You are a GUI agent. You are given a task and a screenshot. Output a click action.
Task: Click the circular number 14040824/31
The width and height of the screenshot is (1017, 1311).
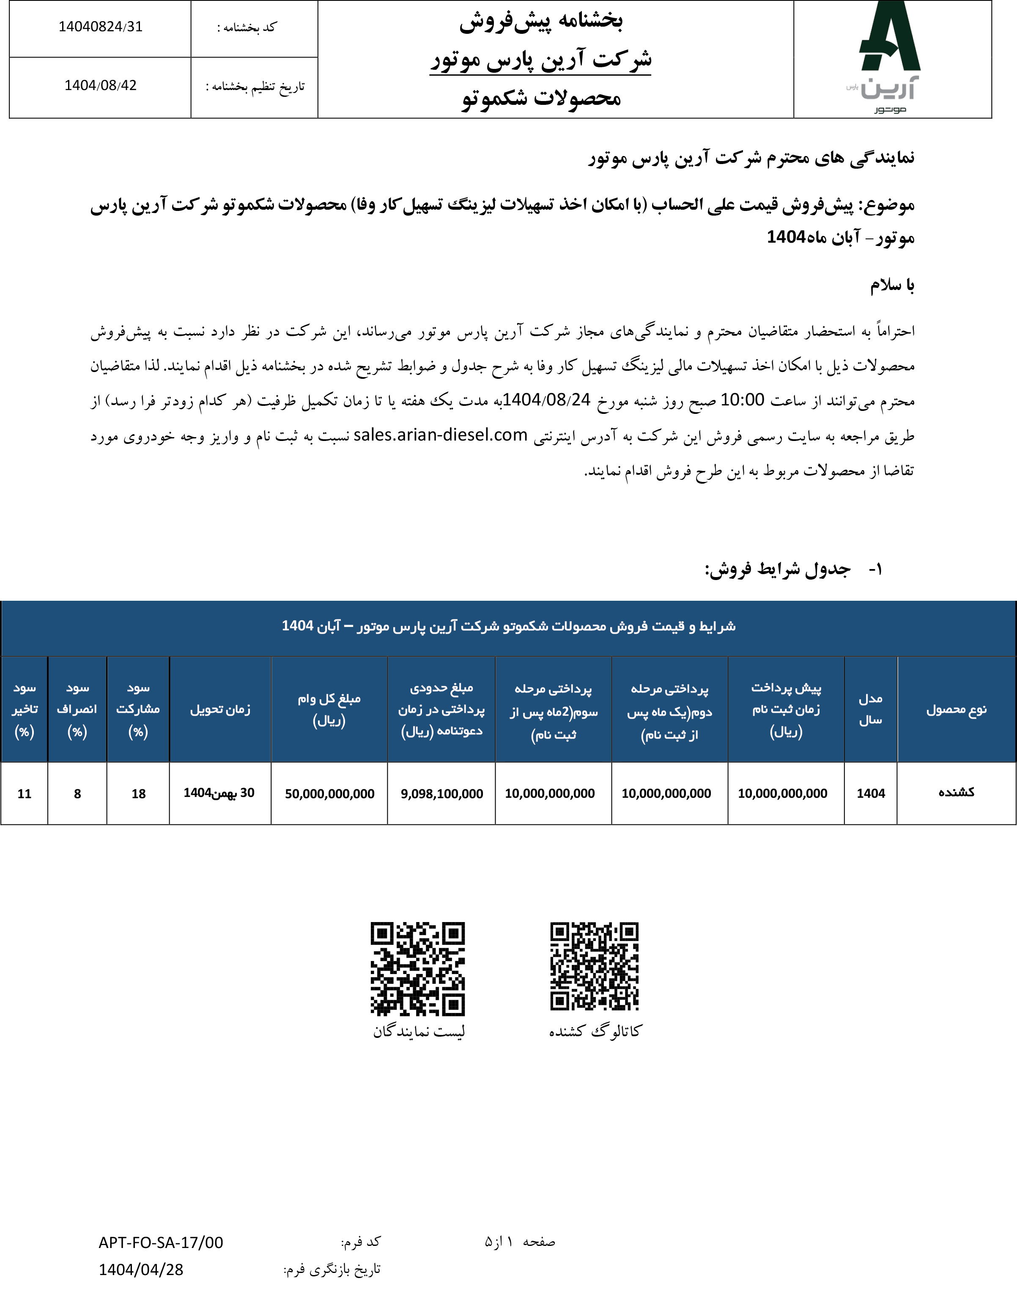pos(100,27)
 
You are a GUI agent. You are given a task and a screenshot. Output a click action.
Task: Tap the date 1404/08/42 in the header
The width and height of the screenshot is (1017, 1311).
pos(100,86)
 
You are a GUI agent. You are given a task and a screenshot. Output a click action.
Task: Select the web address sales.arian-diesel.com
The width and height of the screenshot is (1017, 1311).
pos(440,435)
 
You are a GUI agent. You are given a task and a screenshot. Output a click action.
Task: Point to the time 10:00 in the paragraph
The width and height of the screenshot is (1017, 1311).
pos(742,400)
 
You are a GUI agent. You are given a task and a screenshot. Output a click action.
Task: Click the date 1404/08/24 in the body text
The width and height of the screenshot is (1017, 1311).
pos(546,400)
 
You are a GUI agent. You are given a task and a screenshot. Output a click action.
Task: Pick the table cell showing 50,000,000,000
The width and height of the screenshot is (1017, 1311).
pos(329,794)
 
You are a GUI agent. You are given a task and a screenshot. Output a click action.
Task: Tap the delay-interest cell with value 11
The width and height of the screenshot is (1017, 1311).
pos(25,794)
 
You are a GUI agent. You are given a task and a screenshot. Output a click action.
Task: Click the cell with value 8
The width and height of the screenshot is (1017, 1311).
pos(77,794)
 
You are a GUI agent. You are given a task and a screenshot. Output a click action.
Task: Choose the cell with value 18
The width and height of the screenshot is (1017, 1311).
pos(139,794)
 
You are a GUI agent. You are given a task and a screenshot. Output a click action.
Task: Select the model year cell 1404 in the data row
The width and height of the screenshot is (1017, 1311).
pos(871,794)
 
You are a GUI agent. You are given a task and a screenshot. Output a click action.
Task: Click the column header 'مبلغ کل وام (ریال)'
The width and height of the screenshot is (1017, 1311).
pos(329,709)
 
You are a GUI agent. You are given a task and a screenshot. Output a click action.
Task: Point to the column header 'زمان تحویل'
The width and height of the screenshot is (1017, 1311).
pos(220,709)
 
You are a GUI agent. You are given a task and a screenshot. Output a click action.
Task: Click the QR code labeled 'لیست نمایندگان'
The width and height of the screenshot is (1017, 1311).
pos(418,969)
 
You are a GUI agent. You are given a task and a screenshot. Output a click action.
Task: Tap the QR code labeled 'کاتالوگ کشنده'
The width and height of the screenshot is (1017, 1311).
pos(595,966)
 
